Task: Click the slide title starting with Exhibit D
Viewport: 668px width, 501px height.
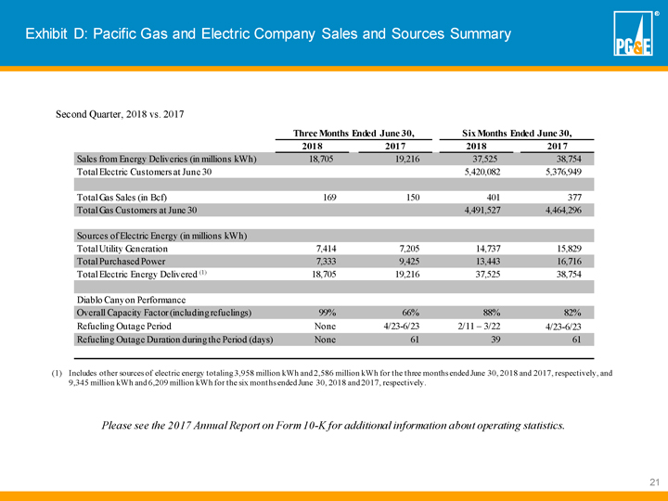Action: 268,34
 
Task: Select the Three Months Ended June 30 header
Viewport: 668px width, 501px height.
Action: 352,133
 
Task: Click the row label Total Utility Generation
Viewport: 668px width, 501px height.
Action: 122,249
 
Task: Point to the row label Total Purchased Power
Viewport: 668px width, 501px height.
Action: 121,262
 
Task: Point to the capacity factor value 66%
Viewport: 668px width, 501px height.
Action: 409,313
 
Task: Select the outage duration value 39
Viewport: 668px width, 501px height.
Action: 494,340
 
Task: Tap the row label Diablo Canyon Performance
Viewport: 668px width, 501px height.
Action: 132,300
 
